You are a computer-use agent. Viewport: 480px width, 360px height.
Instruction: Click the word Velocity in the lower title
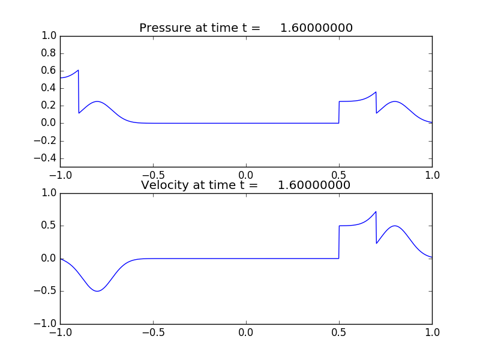[x=163, y=185]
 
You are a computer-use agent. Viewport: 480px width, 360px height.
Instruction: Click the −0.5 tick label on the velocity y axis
[x=46, y=292]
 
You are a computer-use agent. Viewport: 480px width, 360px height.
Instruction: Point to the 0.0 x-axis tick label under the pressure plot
[x=246, y=175]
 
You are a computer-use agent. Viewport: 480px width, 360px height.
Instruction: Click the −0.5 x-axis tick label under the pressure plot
[x=153, y=175]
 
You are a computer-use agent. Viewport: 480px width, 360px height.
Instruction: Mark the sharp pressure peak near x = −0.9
[x=78, y=70]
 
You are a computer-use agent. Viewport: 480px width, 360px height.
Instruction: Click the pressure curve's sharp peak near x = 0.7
[x=376, y=92]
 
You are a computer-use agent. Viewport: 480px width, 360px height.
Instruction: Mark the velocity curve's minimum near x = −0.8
[x=97, y=291]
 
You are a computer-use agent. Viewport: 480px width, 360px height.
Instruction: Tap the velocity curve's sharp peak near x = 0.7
[x=376, y=212]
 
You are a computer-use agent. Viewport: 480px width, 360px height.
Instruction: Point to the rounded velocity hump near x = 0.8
[x=395, y=226]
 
